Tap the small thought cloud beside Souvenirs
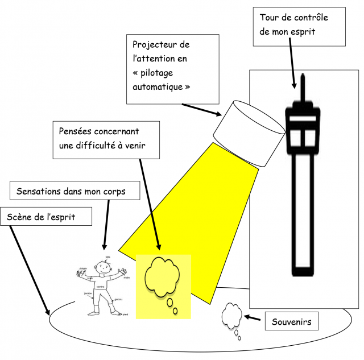pos(232,315)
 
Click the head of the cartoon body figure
pos(103,267)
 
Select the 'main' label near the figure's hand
pos(127,278)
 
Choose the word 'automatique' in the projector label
pos(158,88)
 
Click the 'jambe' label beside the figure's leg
pos(88,293)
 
